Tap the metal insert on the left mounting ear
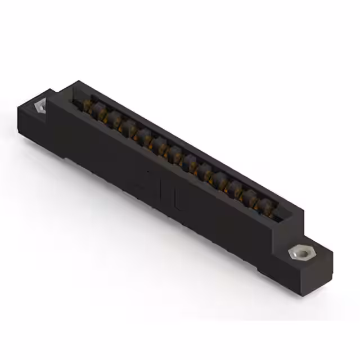[x=40, y=106]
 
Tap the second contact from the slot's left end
[x=102, y=115]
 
